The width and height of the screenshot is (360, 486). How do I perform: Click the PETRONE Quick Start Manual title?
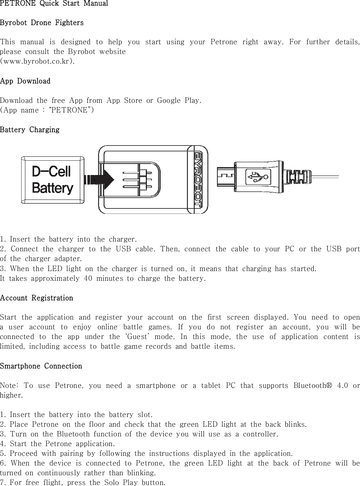coord(54,4)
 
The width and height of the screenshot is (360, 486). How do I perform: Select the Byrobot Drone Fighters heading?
coord(42,23)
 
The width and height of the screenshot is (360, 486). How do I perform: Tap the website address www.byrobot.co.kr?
coord(38,61)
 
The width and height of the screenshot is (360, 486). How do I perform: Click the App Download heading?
coord(25,81)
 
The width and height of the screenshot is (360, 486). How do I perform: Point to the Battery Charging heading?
coord(30,129)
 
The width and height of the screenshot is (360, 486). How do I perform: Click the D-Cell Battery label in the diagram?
coord(52,180)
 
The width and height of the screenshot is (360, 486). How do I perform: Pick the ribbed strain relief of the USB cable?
coord(297,177)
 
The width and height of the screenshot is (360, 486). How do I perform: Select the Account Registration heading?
coord(37,298)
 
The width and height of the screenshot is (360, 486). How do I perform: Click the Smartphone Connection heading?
coord(41,366)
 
